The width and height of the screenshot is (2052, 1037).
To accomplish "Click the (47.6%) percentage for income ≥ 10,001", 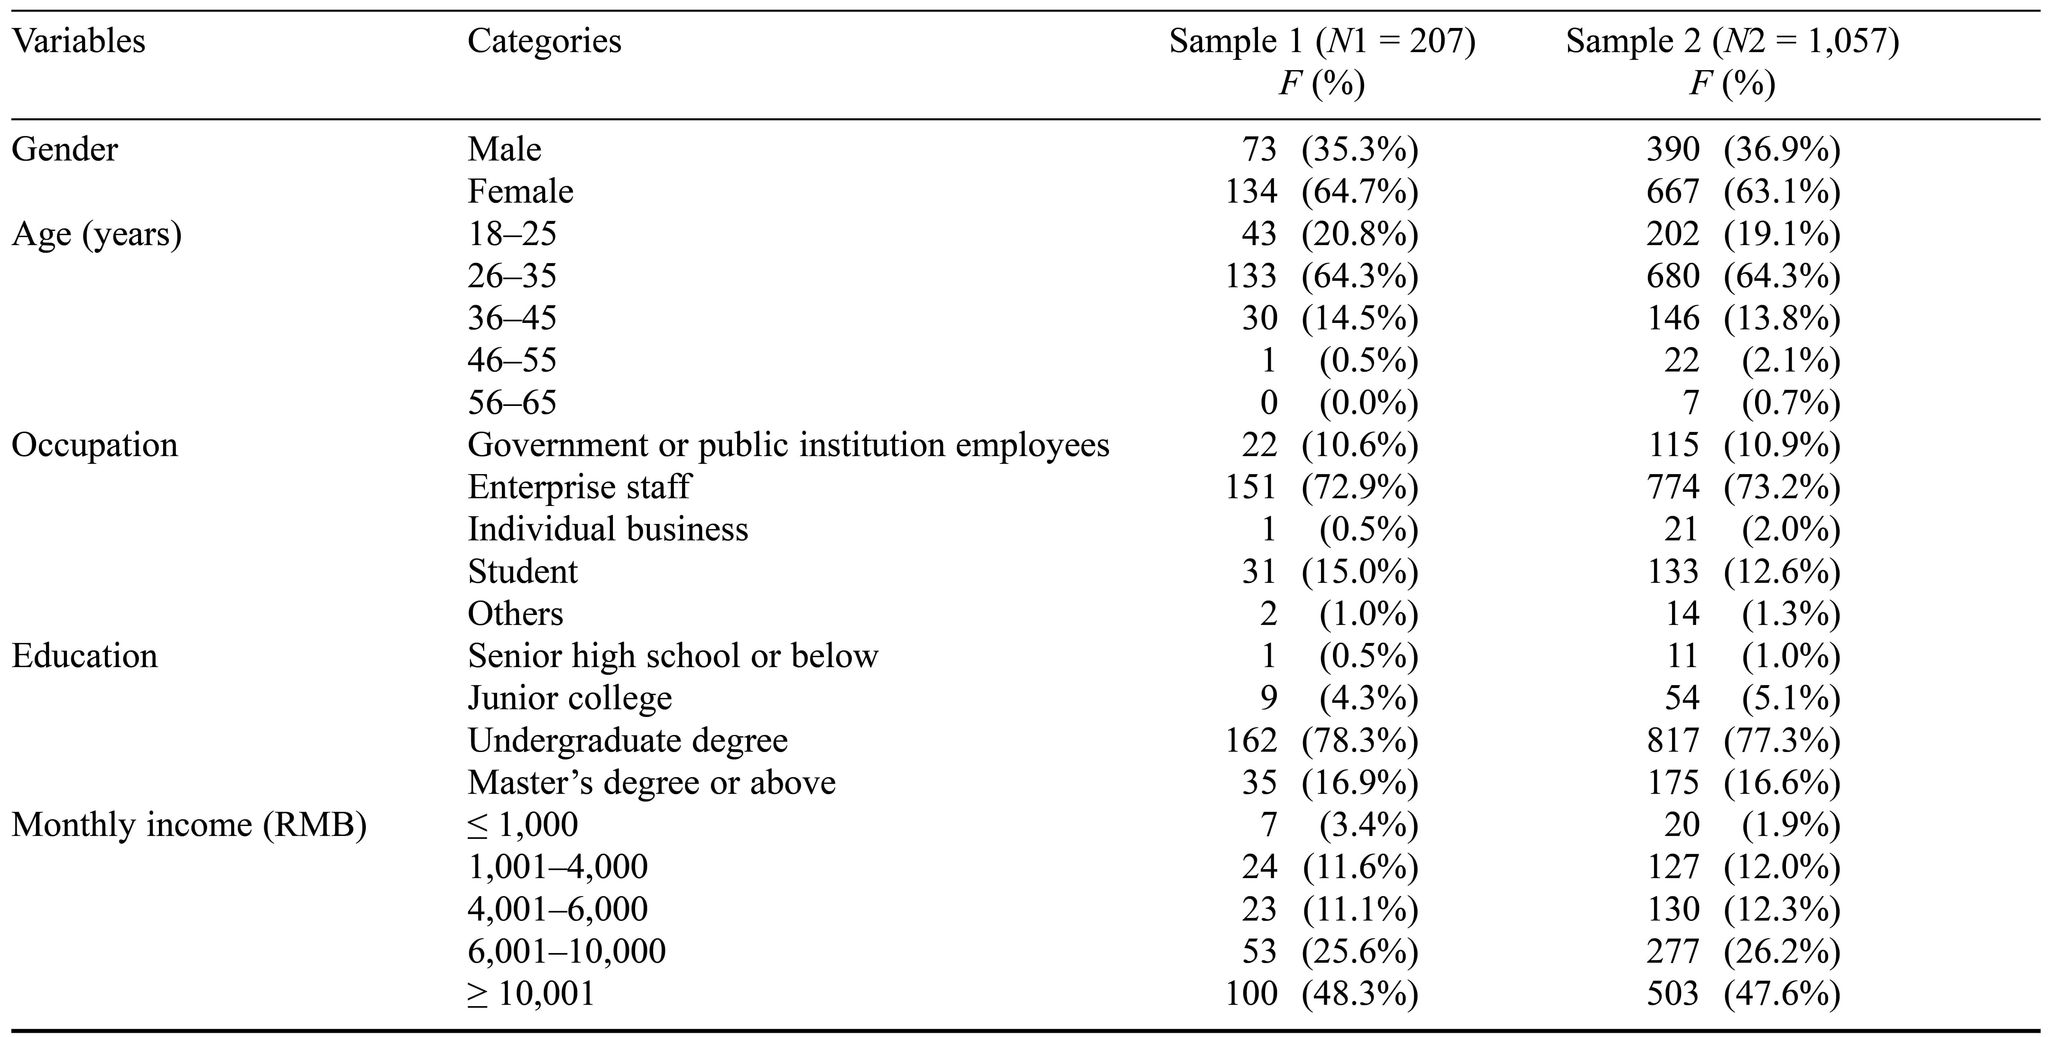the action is point(1782,994).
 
